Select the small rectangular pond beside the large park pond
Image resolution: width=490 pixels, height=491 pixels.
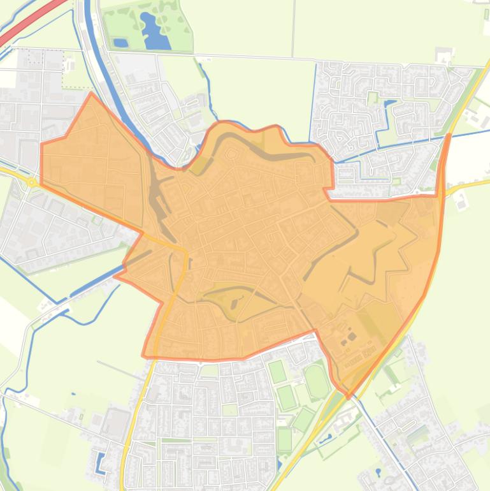[120, 43]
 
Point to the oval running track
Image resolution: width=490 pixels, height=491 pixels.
[317, 381]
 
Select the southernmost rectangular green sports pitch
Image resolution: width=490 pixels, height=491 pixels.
[284, 439]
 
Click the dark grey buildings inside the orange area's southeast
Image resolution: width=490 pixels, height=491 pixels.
[350, 338]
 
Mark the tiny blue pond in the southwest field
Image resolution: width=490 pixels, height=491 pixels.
[74, 395]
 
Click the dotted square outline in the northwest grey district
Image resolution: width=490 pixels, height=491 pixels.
[45, 58]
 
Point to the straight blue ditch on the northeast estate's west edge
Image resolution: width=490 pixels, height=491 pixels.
[313, 102]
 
